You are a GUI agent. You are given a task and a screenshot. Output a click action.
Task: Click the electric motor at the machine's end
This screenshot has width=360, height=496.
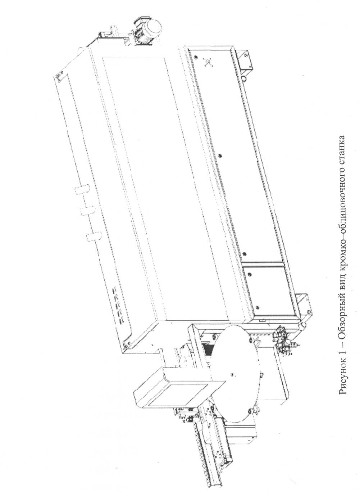[147, 31]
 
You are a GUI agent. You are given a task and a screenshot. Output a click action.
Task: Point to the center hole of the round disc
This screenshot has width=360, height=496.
[232, 375]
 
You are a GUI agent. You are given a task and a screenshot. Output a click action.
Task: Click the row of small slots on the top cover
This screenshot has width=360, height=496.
[119, 305]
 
